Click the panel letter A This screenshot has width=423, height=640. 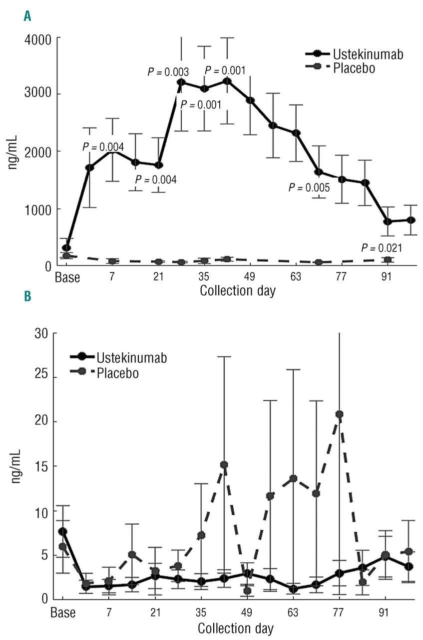coord(28,16)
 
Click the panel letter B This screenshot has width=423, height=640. coord(28,296)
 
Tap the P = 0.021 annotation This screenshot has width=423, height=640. coord(383,248)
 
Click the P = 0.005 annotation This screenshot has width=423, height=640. coord(309,188)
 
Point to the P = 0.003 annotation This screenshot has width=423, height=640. coord(168,71)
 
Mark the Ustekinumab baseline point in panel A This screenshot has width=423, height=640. coord(66,247)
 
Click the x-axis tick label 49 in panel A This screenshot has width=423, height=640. coord(251,277)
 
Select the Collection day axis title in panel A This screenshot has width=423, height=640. coord(237,291)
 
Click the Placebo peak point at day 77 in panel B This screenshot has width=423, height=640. coord(340,414)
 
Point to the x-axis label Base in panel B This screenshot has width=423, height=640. coord(63,613)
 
